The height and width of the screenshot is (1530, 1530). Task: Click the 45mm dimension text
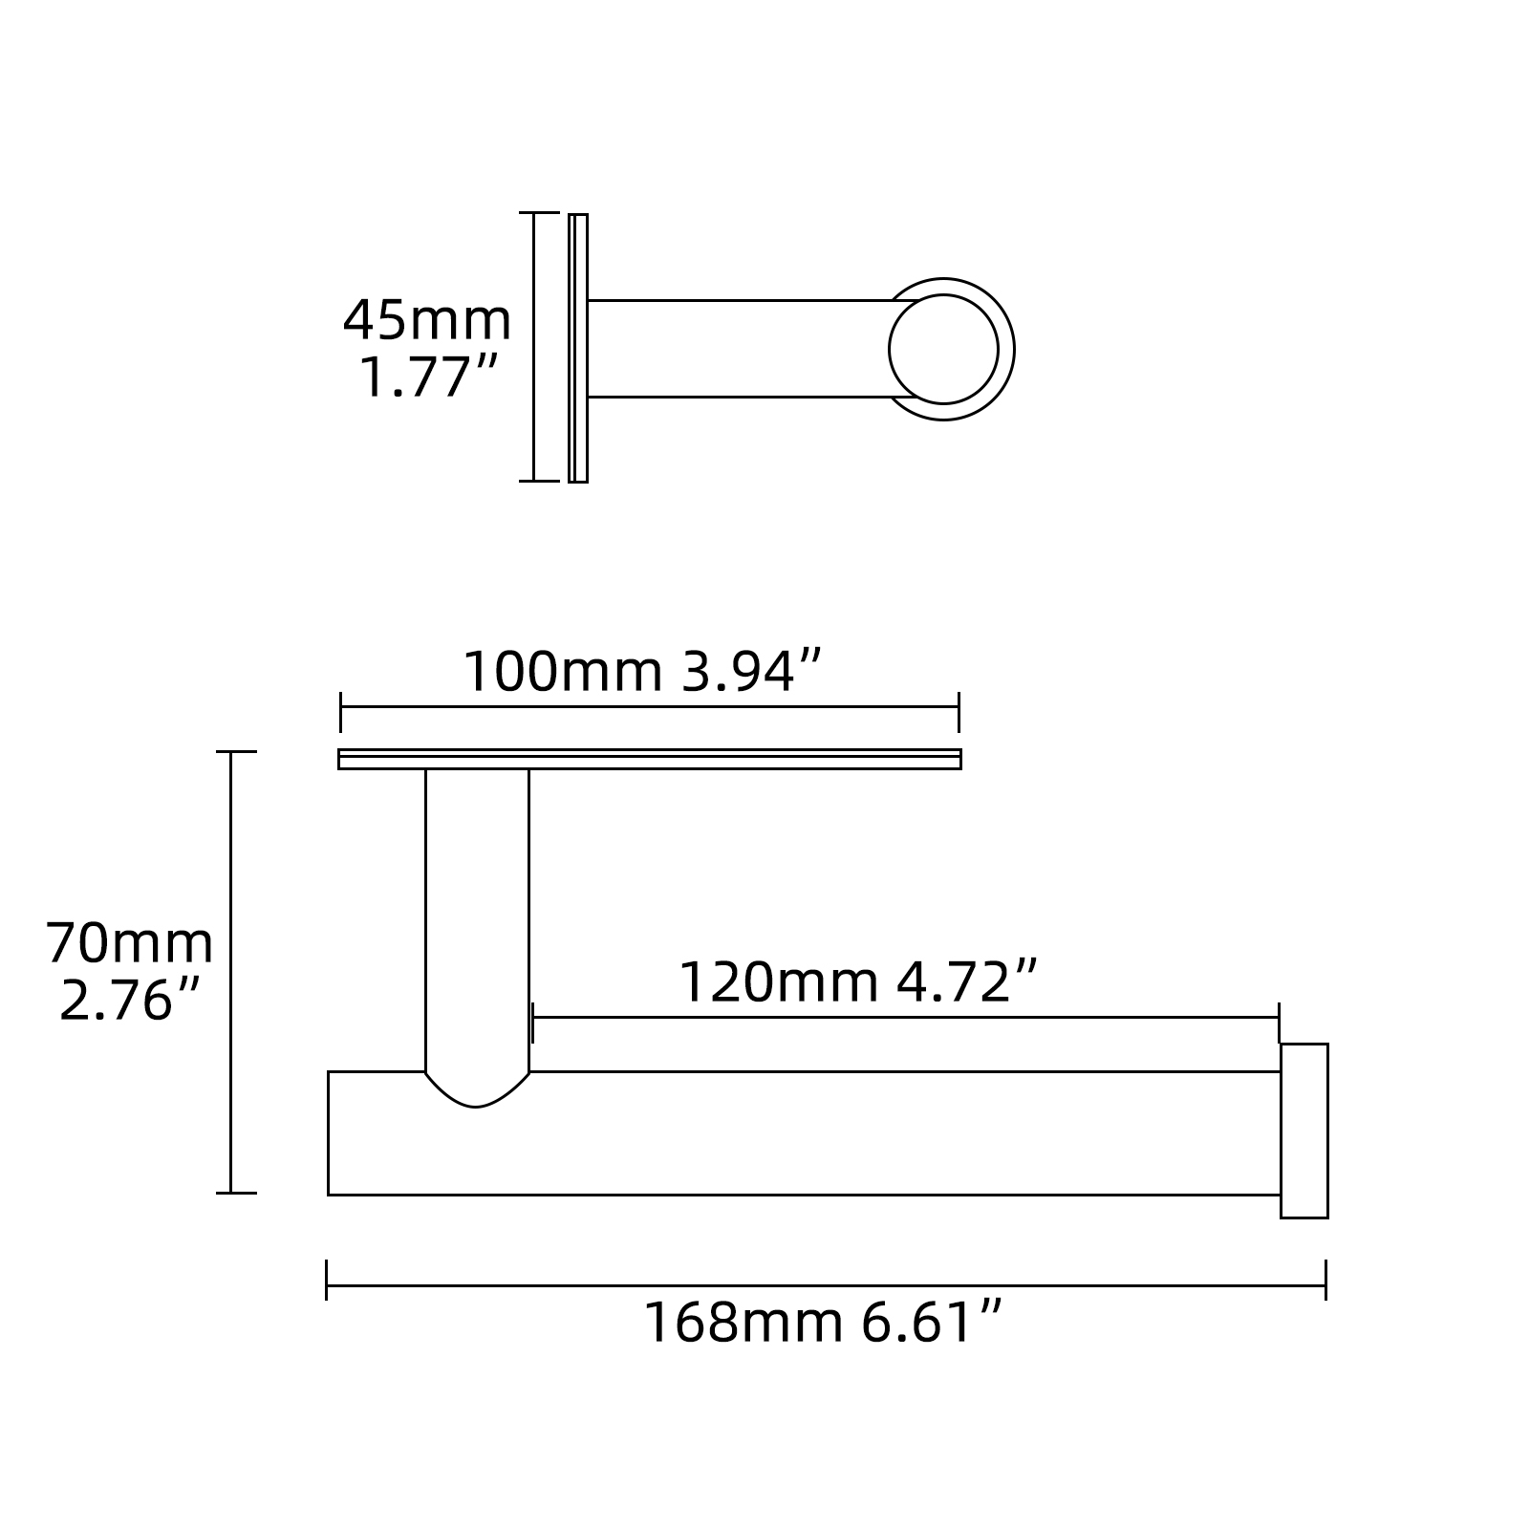(427, 320)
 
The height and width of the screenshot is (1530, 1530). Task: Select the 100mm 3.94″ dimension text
(642, 671)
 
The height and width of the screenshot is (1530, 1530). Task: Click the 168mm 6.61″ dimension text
(823, 1322)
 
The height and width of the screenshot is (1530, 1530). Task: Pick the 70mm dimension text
(130, 943)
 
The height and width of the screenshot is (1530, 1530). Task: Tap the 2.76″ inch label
(130, 1001)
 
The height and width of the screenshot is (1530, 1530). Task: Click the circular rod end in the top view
(943, 349)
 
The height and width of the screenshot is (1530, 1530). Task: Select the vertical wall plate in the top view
(577, 348)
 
